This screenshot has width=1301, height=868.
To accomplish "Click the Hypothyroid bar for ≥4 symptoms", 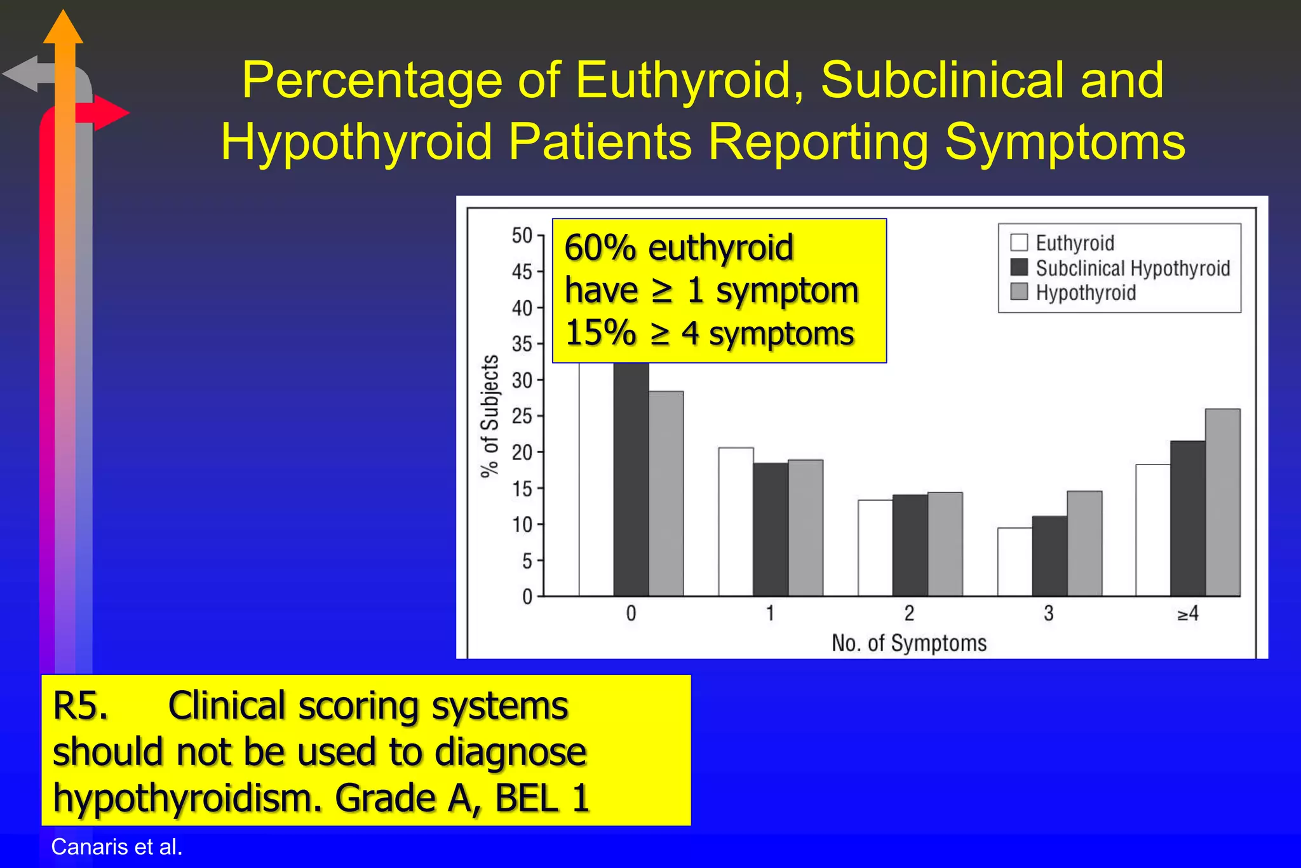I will [x=1222, y=502].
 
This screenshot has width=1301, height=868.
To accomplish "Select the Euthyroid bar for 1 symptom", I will [x=736, y=522].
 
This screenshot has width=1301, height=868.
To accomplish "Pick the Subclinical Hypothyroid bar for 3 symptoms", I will [x=1049, y=556].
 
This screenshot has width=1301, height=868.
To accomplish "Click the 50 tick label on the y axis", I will [x=522, y=236].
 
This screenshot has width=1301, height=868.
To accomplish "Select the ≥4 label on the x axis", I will [x=1187, y=614].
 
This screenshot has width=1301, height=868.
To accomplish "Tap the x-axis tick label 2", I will [x=909, y=614].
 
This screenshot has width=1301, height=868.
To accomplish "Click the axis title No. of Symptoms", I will [x=909, y=643].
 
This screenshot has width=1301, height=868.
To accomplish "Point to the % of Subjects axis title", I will [x=490, y=416].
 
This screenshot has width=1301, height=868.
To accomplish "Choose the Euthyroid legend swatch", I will [x=1019, y=243].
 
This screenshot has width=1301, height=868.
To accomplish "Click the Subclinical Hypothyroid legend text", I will [x=1133, y=268].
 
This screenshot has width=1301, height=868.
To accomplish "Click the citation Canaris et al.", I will [x=117, y=847].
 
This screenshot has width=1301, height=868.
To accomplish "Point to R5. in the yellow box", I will [x=81, y=706].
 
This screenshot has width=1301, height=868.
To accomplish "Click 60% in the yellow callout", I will [x=600, y=248].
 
